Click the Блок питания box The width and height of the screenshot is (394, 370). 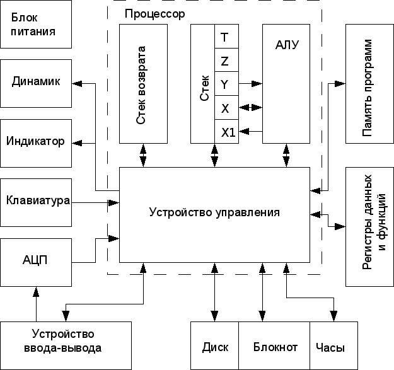point(35,25)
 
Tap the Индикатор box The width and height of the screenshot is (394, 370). point(35,141)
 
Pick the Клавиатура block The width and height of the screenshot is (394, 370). point(35,202)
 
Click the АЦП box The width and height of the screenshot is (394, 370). point(35,261)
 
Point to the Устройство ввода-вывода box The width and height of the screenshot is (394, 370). point(66,341)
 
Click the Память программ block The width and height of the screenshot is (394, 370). point(369,84)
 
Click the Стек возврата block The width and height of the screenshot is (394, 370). point(144,84)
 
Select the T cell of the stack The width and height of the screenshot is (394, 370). point(226,37)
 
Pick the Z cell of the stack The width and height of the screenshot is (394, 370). point(226,61)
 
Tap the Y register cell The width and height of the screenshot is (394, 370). point(226,84)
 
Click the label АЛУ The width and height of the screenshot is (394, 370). point(287,45)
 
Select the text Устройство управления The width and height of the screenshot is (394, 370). point(214,212)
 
